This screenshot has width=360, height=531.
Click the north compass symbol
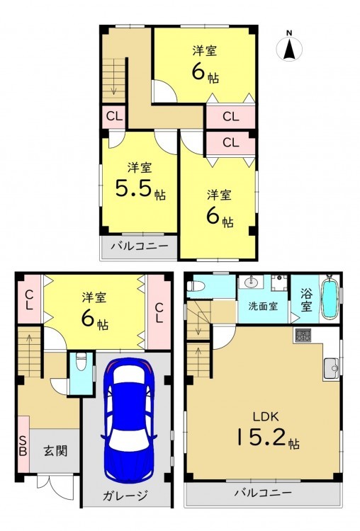[289, 47]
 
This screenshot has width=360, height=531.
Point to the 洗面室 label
[263, 307]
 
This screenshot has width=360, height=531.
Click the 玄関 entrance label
[56, 451]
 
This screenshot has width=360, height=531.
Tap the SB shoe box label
[23, 446]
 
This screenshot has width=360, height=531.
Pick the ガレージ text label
[125, 496]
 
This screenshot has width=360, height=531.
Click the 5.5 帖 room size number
[140, 188]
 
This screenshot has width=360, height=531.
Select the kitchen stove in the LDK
[303, 336]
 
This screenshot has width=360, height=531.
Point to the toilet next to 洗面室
[196, 287]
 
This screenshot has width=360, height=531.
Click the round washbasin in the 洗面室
[250, 282]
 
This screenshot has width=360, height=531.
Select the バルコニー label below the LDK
[264, 493]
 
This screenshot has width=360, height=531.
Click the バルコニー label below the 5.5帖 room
[140, 246]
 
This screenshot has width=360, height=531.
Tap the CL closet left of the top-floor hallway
[114, 117]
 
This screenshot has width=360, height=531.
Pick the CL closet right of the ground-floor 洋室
[159, 312]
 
